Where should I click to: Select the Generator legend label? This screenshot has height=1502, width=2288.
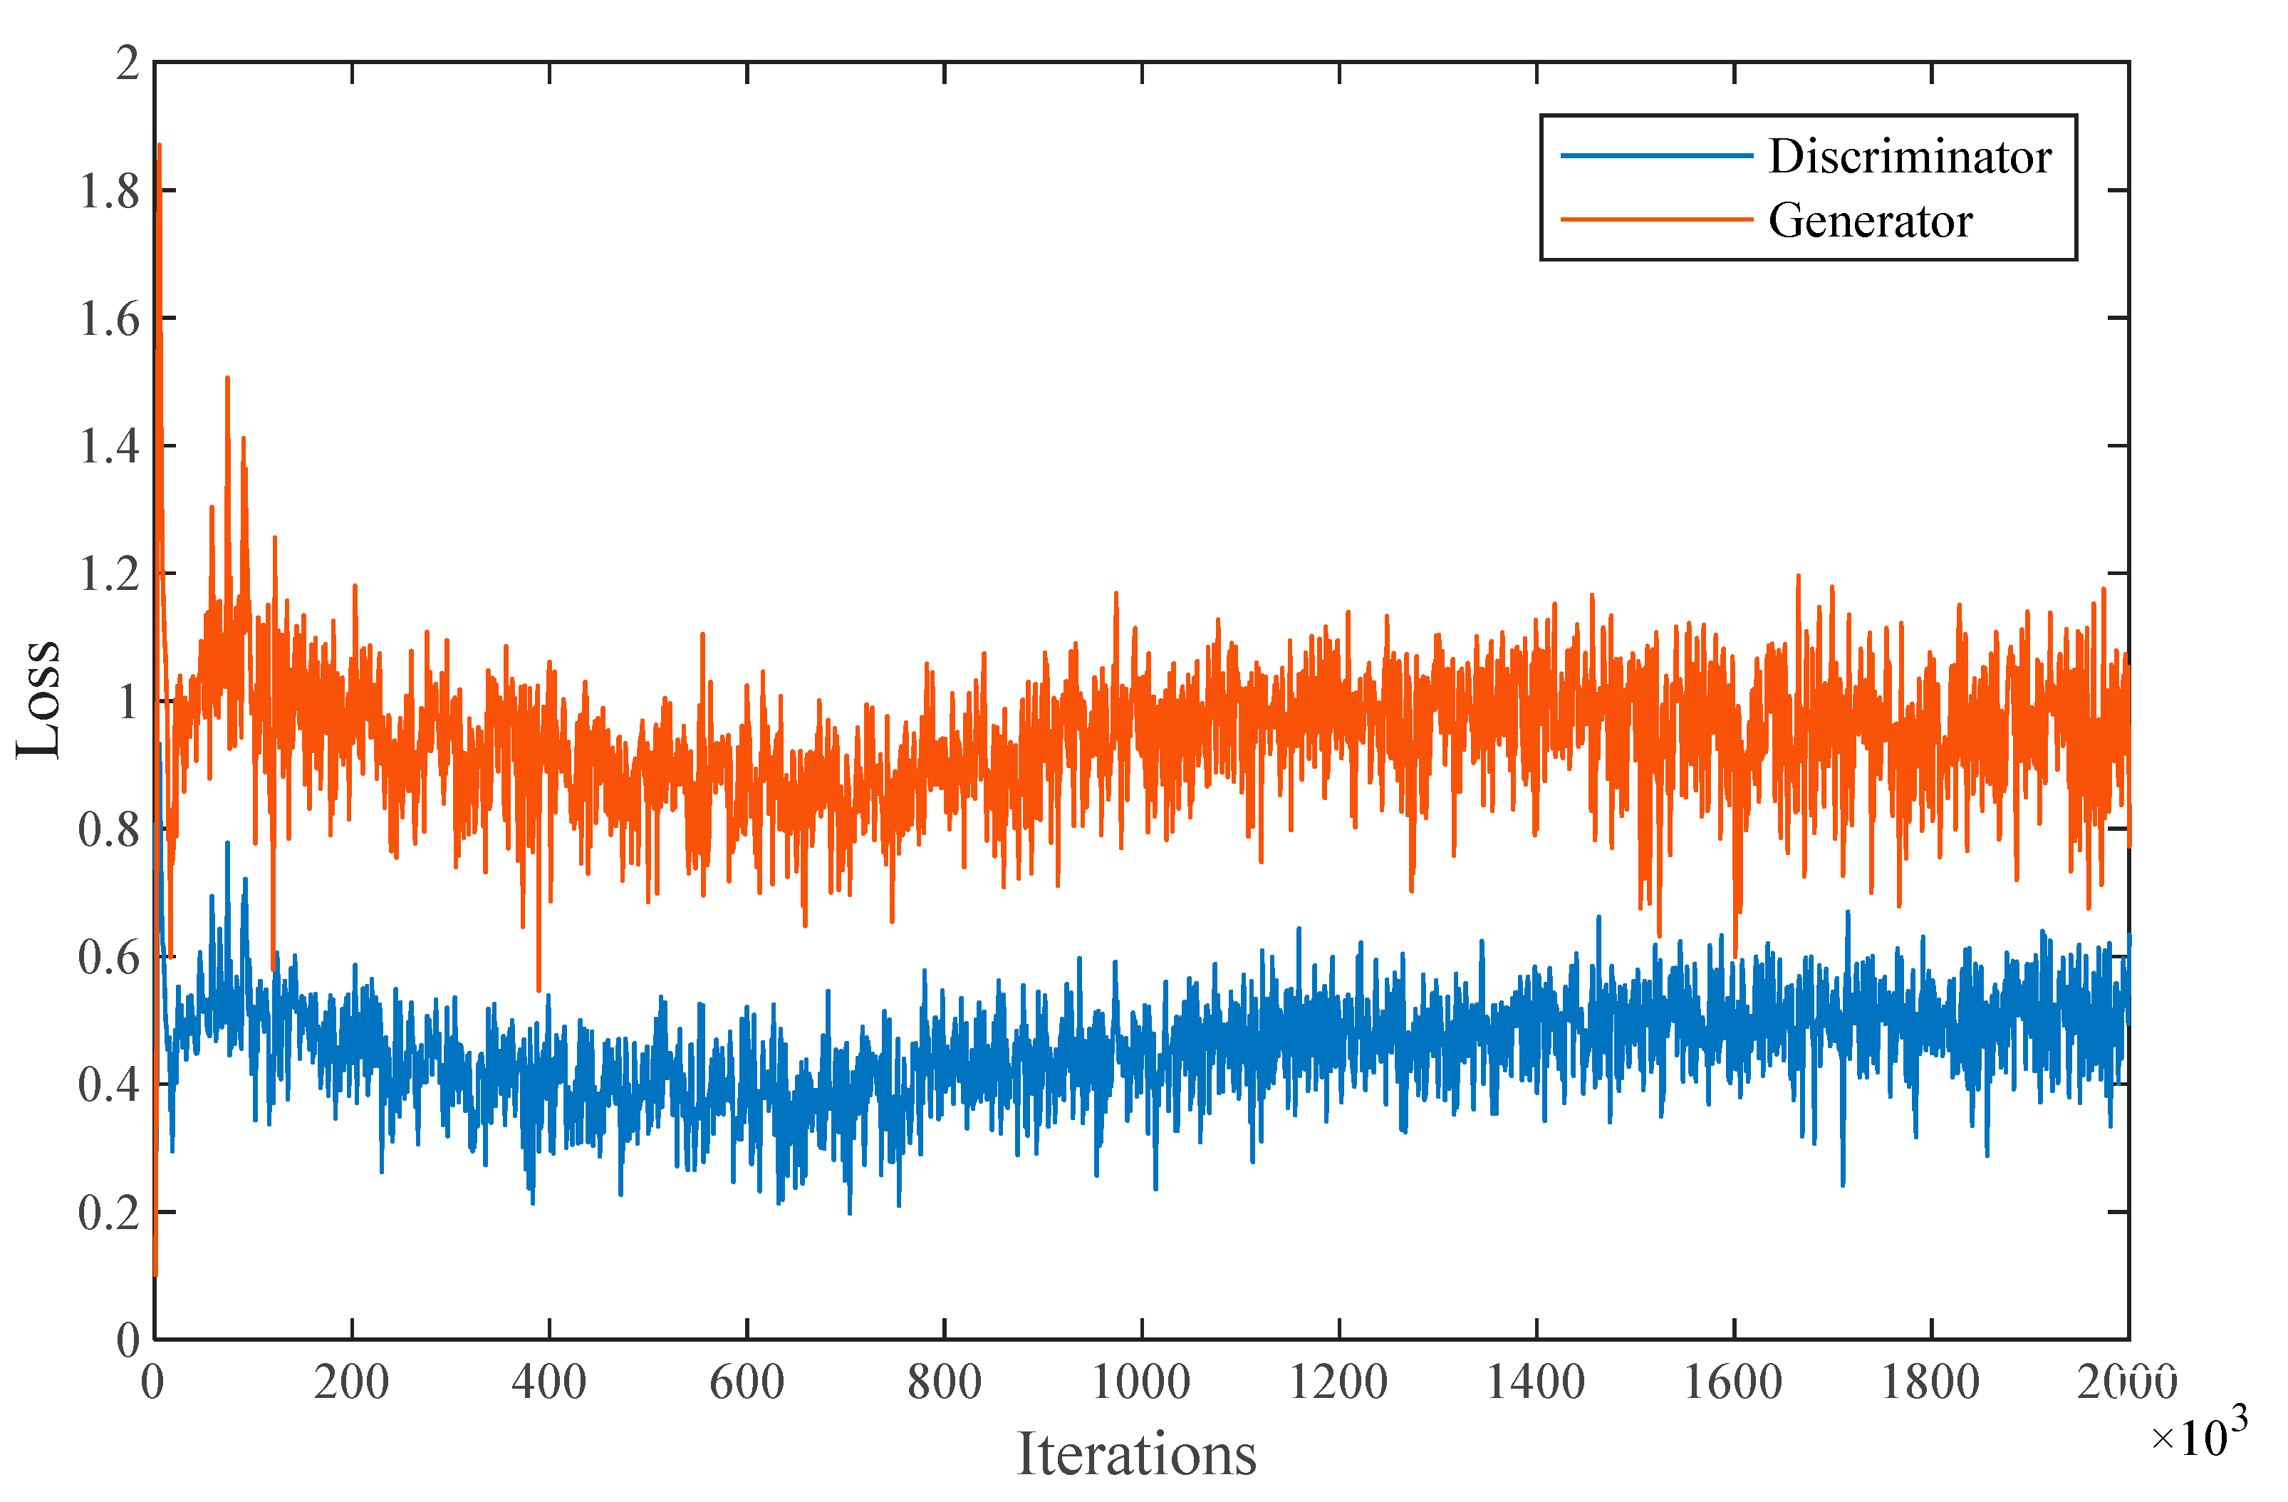click(1870, 221)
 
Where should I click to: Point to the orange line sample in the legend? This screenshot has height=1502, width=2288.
click(1655, 220)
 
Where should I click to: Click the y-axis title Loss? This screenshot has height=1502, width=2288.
click(38, 699)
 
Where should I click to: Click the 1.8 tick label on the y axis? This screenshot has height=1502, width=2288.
click(109, 192)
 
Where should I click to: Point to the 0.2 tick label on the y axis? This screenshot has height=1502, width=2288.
click(109, 1213)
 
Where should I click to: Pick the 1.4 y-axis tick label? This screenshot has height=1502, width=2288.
click(109, 447)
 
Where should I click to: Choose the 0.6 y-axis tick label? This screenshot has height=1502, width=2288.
click(109, 958)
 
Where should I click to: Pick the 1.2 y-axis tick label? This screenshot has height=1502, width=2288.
click(109, 575)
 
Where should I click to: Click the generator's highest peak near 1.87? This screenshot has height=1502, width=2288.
click(159, 146)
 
